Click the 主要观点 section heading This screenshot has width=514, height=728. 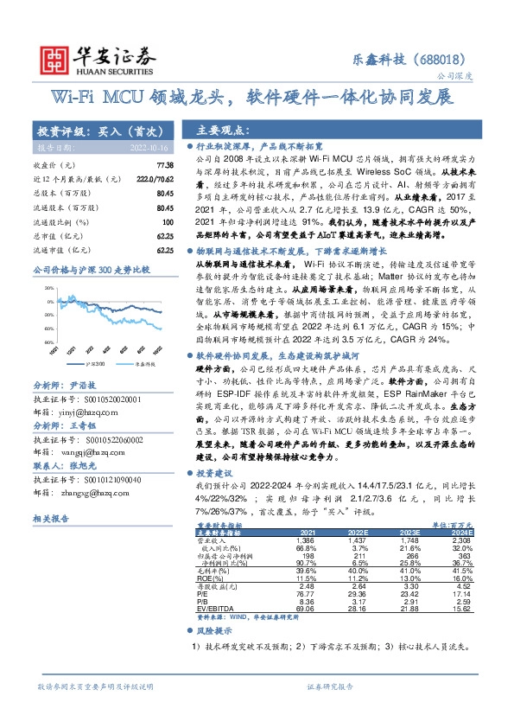[x=224, y=131]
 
